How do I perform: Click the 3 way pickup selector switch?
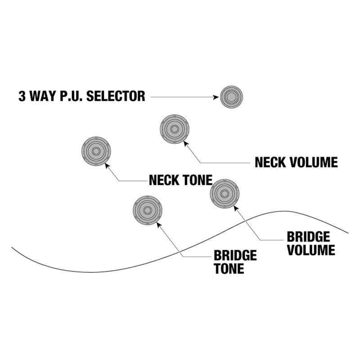tap(231, 97)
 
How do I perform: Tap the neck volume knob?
tap(175, 129)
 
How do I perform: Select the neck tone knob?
tap(96, 151)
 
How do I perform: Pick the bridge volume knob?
tap(225, 193)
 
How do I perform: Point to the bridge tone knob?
tap(147, 210)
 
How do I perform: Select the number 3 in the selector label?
tap(22, 96)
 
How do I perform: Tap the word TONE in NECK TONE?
tap(198, 180)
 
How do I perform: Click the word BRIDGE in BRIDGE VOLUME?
tap(308, 237)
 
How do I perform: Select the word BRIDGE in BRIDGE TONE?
tap(235, 256)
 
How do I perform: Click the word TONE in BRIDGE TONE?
tap(229, 269)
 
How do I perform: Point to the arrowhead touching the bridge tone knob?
tap(158, 223)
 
